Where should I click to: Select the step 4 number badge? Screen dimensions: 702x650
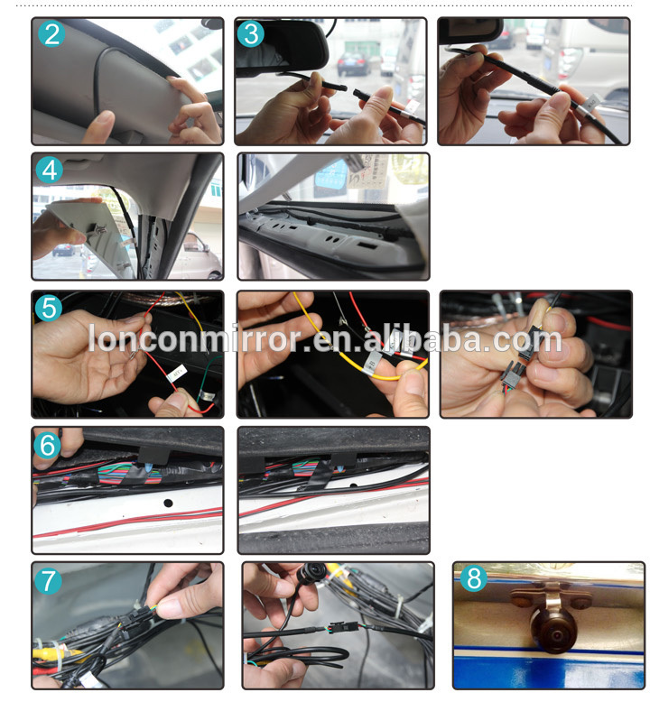(50, 170)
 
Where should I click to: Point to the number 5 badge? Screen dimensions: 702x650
(50, 308)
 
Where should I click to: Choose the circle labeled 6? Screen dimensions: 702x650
(49, 444)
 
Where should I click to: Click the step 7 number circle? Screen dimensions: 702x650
(49, 580)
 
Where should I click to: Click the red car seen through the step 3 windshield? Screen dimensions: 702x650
(353, 63)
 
